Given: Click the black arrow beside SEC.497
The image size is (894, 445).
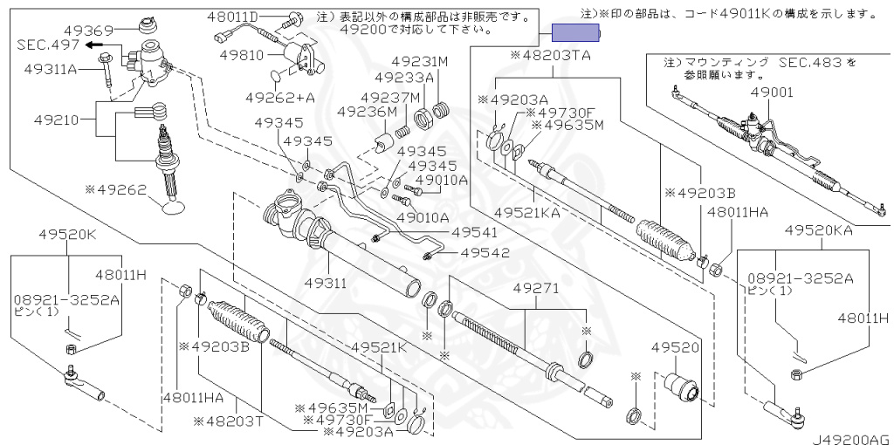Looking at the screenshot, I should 89,44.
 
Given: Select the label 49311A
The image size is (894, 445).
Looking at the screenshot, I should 51,67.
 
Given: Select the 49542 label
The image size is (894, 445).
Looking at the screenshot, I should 484,253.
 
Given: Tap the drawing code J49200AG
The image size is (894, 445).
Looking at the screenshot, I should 853,437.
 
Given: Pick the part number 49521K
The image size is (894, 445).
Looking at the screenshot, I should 380,347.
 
